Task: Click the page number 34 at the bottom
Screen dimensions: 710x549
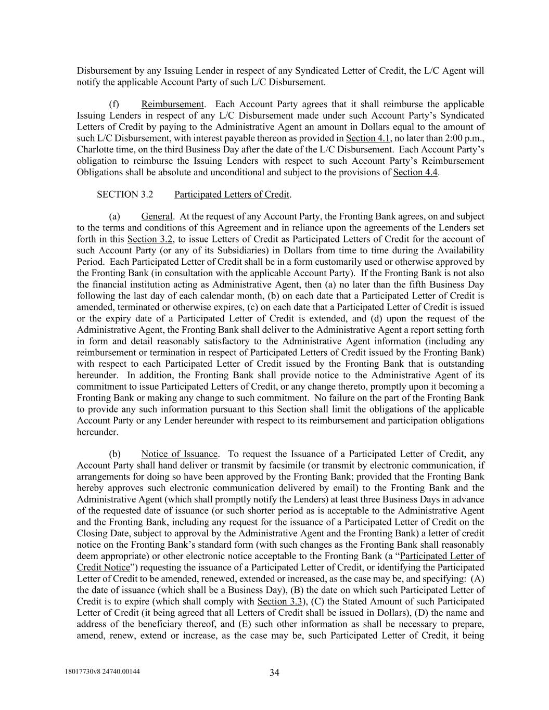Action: (x=275, y=673)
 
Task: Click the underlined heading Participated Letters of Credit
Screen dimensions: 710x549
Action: (x=232, y=195)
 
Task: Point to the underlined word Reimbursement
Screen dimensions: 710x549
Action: (x=172, y=104)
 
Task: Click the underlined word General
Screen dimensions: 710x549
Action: (x=156, y=216)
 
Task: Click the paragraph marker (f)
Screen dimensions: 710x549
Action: (x=114, y=104)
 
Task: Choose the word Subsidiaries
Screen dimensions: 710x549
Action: (x=197, y=250)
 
